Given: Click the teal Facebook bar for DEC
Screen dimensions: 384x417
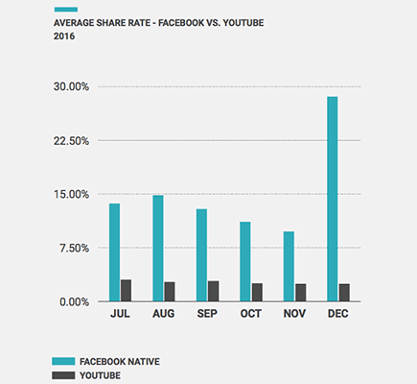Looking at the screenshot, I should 333,199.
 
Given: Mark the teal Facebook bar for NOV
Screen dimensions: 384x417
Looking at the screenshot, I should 289,266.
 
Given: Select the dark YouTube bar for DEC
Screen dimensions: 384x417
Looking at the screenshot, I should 344,293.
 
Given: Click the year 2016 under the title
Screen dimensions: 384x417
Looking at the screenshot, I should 63,36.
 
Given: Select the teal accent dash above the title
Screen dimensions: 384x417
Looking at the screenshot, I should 63,9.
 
